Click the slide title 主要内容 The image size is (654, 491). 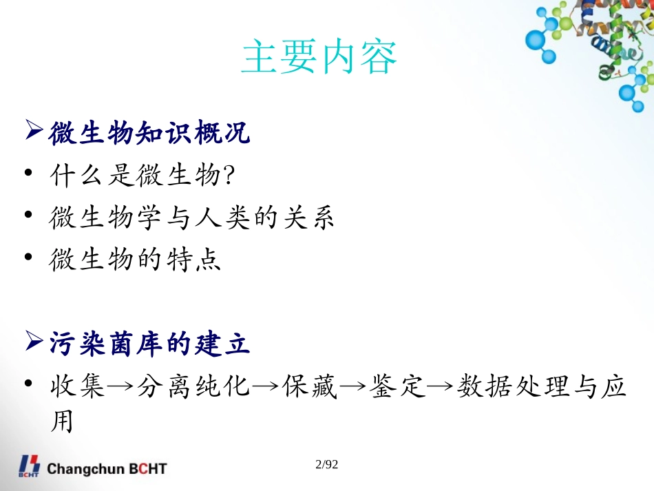[x=319, y=58]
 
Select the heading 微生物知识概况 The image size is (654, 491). [x=149, y=134]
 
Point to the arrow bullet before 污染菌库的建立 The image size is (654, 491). [x=34, y=341]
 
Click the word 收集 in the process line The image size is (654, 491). [x=77, y=387]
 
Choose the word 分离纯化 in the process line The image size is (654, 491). [x=193, y=387]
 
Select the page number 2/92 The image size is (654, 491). [x=326, y=466]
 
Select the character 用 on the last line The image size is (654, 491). [x=62, y=422]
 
